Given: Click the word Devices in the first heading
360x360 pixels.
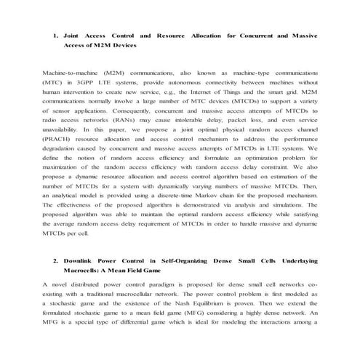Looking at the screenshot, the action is tap(120, 44).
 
